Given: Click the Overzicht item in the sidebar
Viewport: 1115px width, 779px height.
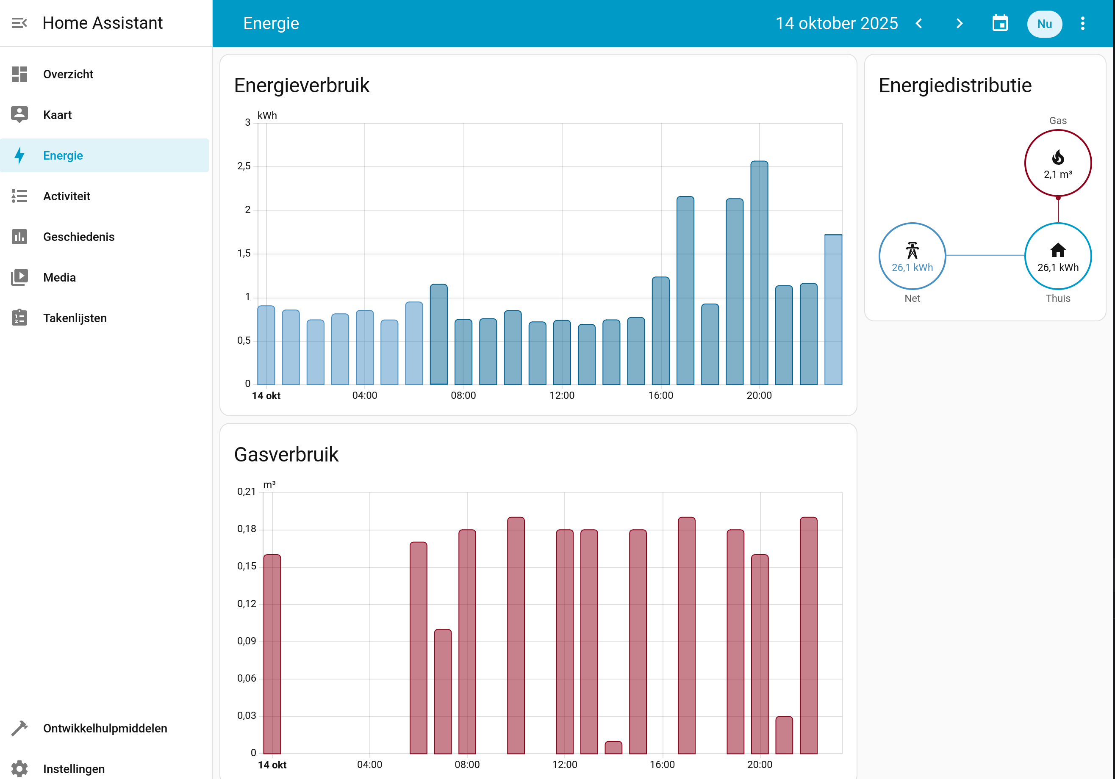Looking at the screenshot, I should pyautogui.click(x=68, y=74).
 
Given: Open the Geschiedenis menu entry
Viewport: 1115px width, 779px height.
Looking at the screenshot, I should pyautogui.click(x=79, y=237).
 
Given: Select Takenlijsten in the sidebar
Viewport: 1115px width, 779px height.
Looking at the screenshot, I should pyautogui.click(x=75, y=318).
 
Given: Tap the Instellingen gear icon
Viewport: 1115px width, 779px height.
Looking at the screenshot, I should pyautogui.click(x=19, y=768).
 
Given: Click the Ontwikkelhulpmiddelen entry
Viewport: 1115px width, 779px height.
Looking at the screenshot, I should pyautogui.click(x=105, y=728).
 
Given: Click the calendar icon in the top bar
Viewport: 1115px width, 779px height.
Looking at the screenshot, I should pyautogui.click(x=1000, y=23).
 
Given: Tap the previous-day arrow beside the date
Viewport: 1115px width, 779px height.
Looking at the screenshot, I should pyautogui.click(x=918, y=23).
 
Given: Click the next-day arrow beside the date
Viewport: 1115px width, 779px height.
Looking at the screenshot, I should pyautogui.click(x=959, y=23).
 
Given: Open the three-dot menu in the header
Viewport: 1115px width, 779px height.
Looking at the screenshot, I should pyautogui.click(x=1082, y=23).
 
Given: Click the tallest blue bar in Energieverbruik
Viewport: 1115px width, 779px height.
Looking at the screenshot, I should pyautogui.click(x=759, y=272).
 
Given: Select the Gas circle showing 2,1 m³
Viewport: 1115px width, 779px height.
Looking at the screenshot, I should pyautogui.click(x=1058, y=163).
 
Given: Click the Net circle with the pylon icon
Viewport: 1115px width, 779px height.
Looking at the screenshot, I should pyautogui.click(x=912, y=256).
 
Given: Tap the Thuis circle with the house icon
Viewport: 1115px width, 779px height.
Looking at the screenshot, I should pyautogui.click(x=1058, y=256).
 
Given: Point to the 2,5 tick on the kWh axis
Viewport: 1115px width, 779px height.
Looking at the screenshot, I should pyautogui.click(x=244, y=166).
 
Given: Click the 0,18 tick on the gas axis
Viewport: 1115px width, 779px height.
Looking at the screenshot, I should pyautogui.click(x=247, y=529).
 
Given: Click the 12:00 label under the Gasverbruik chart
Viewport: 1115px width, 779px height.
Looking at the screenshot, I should pyautogui.click(x=564, y=765).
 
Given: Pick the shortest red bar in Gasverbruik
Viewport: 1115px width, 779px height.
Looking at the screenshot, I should pyautogui.click(x=613, y=747).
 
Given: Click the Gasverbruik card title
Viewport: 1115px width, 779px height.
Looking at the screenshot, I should pyautogui.click(x=286, y=455).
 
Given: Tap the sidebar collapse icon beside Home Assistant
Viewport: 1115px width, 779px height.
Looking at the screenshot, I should pyautogui.click(x=19, y=23).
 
